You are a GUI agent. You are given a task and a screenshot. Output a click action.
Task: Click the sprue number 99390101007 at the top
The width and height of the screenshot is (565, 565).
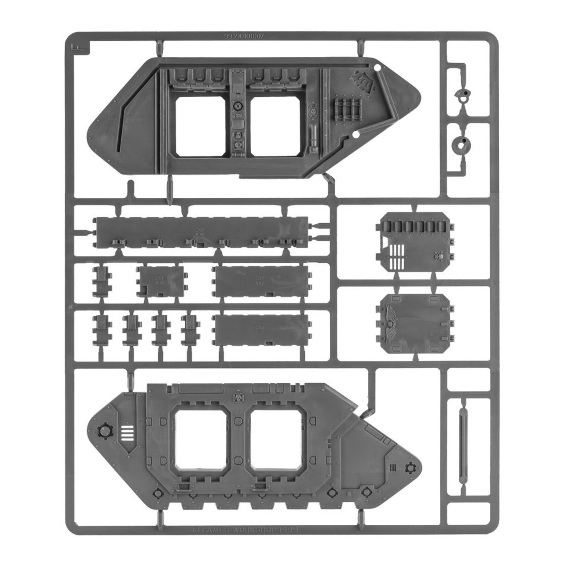coord(245,36)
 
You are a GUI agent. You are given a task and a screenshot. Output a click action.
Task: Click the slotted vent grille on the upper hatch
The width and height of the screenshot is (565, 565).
coord(400,256)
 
